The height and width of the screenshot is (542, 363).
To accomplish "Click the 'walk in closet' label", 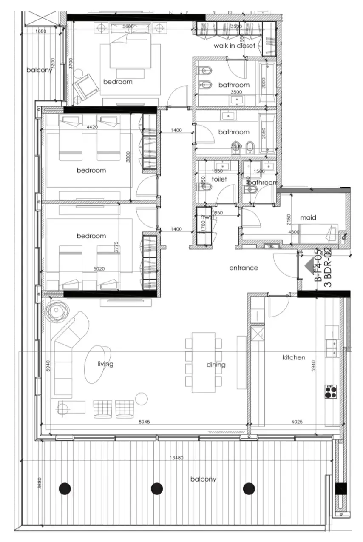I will pos(234,46).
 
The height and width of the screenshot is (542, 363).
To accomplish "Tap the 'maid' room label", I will pos(308,217).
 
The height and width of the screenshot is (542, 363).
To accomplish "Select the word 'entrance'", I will pos(244,268).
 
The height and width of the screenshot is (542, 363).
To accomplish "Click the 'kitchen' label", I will pos(294,357).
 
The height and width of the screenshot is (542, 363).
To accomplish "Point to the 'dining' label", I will pos(216,365).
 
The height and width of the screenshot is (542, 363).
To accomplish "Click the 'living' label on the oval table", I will pos(105,364).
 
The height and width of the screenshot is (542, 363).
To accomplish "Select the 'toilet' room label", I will pos(219,180).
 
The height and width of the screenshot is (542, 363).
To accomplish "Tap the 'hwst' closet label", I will pos(206,217).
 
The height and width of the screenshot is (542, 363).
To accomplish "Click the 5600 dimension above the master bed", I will pos(128,26).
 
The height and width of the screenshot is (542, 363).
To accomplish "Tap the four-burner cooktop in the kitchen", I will pos(331,391).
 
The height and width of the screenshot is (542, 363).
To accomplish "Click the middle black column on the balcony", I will pos(157,488).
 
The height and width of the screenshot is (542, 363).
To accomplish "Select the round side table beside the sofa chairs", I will pos(141,399).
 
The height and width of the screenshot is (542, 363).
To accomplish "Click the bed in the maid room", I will pos(318,234).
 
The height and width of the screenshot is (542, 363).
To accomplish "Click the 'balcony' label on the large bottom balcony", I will pos(203,479).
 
